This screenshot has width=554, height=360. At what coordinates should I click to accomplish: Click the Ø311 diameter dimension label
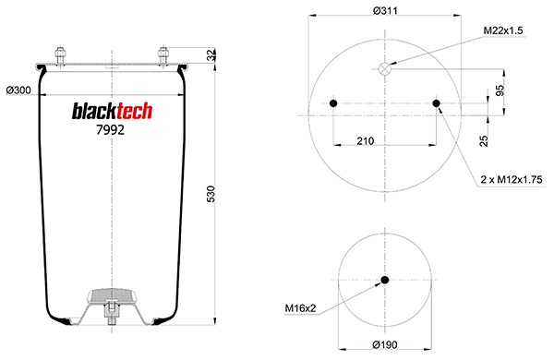(385, 10)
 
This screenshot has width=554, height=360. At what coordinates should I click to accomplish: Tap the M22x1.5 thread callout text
(503, 30)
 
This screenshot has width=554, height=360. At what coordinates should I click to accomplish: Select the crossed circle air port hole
(384, 69)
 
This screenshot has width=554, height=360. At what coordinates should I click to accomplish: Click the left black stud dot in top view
(333, 103)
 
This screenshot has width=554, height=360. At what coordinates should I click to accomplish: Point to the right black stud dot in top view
(437, 103)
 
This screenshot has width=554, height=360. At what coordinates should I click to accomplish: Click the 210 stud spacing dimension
(365, 141)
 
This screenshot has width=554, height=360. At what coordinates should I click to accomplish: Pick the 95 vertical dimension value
(500, 90)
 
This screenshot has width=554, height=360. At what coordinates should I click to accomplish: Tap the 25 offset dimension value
(484, 141)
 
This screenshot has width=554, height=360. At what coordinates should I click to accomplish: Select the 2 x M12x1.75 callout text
(512, 179)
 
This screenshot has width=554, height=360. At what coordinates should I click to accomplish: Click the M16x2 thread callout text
(300, 308)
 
